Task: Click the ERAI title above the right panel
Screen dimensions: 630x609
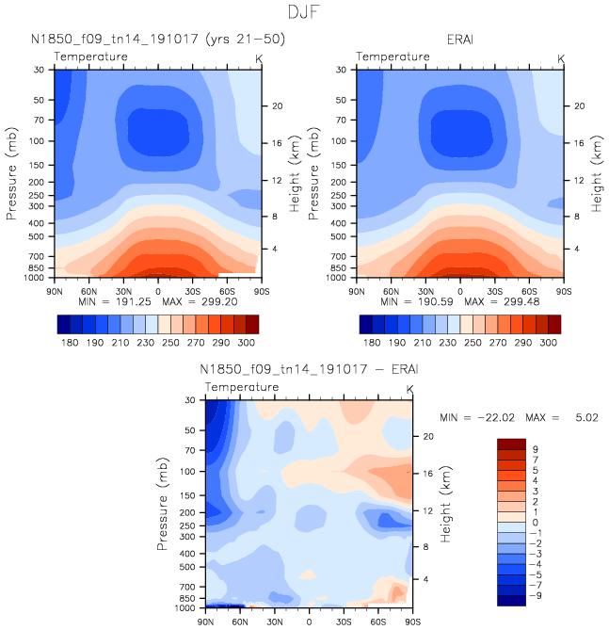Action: coord(459,40)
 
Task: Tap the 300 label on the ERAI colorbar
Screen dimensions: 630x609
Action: coord(548,345)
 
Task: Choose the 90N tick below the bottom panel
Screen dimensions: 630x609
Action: coord(205,622)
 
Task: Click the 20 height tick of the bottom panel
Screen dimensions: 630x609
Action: coord(425,436)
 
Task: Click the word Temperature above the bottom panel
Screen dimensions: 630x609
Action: coord(242,387)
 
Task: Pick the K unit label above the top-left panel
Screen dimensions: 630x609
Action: coord(259,58)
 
